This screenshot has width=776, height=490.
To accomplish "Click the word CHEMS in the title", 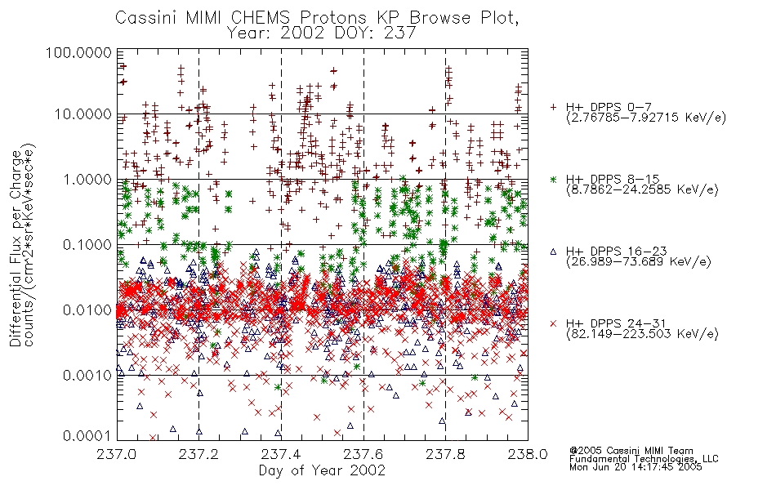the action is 261,18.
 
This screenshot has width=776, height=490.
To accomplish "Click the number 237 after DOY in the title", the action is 399,33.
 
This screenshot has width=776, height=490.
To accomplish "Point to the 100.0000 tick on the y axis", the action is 78,52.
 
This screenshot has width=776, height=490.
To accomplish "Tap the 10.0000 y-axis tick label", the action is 83,114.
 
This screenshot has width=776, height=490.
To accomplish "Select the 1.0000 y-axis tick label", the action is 87,179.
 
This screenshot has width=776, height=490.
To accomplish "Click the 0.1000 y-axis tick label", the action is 87,244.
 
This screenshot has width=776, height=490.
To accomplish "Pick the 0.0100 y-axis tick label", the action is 87,310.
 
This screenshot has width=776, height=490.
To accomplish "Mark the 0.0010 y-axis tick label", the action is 87,376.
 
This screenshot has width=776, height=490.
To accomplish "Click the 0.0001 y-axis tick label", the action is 87,435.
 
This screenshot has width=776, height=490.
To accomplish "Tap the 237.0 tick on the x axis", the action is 117,454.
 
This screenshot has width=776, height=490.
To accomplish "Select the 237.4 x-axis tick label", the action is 281,454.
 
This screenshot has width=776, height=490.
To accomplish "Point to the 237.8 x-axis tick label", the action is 445,454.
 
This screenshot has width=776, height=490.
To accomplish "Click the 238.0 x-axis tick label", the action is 528,454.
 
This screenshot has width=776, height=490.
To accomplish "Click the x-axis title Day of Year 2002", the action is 322,470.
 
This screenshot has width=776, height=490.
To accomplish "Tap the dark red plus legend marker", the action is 553,107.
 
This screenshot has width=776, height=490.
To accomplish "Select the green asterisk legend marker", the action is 553,179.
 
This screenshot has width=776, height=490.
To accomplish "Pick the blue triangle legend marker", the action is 553,252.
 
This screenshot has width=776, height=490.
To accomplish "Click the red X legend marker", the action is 553,323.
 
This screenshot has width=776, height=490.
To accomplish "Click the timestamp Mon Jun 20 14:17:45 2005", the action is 636,467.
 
